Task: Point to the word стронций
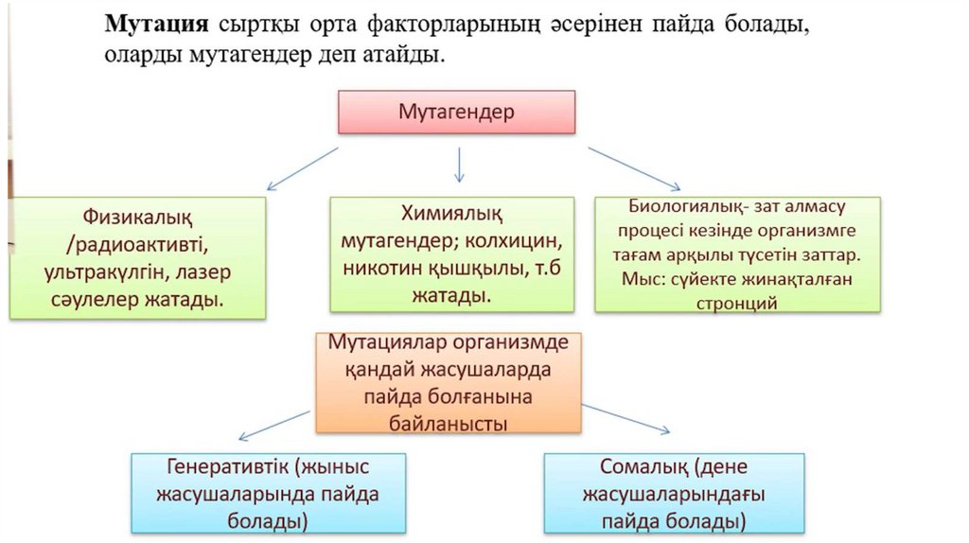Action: coord(736,304)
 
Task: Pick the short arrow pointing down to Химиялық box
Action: coord(459,165)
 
